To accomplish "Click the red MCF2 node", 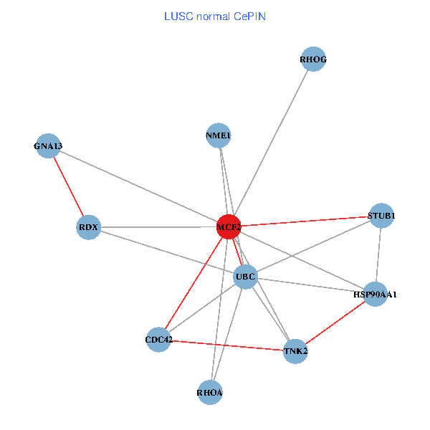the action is (x=229, y=227).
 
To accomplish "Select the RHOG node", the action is (x=313, y=59).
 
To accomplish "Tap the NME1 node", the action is (x=218, y=135).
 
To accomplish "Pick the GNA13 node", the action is (x=48, y=146).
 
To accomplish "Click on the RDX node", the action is (x=88, y=227).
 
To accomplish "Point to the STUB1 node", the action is (x=381, y=215).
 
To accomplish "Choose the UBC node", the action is (x=245, y=276).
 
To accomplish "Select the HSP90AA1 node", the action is (x=376, y=294).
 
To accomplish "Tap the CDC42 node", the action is (x=158, y=339).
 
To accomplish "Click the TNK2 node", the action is (x=295, y=350).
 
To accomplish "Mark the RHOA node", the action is (x=210, y=392).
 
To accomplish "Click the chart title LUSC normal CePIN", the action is (x=215, y=16).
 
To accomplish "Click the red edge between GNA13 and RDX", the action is (x=68, y=186).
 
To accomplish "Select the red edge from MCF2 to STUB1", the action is (x=305, y=221).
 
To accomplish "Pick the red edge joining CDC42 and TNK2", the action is (x=226, y=345).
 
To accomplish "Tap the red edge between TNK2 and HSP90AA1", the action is (x=335, y=322).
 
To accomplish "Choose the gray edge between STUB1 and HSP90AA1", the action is (x=378, y=254).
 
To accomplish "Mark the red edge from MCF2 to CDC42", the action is (x=193, y=283).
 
